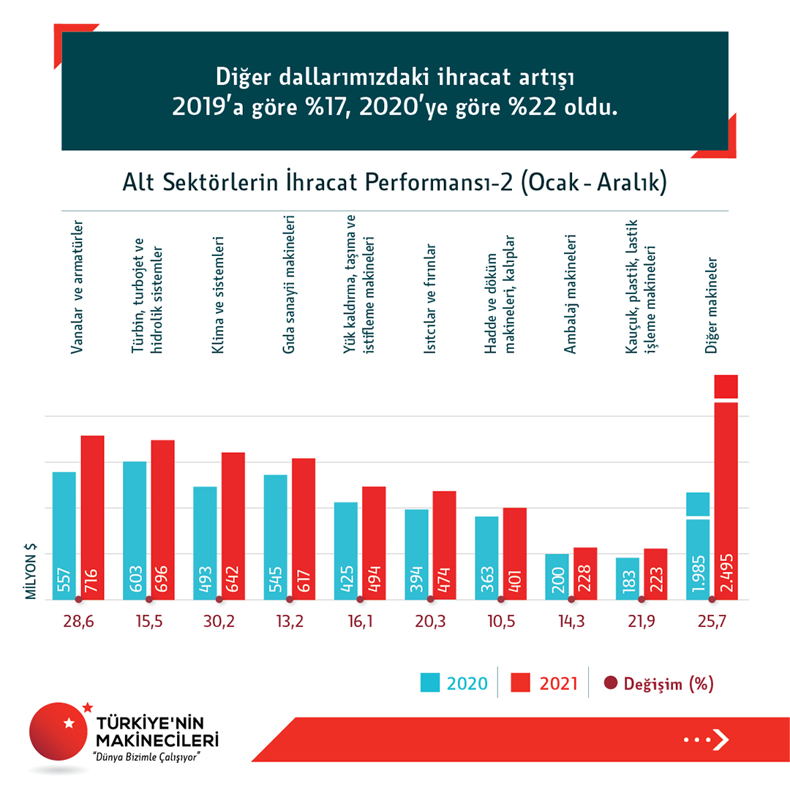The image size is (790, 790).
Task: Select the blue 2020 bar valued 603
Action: [x=134, y=530]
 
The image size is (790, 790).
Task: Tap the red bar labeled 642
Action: [x=233, y=526]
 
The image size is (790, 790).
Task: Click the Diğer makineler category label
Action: [x=710, y=304]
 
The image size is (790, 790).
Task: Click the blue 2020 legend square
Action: [x=430, y=683]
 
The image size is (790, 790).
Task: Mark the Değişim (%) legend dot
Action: [x=611, y=683]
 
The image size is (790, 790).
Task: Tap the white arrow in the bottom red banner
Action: [x=721, y=740]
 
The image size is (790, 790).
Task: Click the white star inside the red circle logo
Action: [x=69, y=723]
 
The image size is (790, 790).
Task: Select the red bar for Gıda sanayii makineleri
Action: [x=304, y=528]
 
